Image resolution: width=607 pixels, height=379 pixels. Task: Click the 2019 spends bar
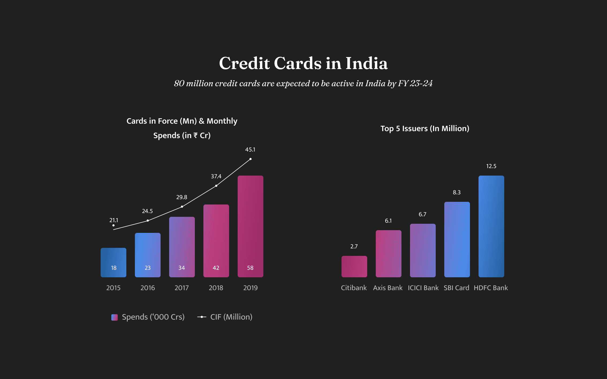click(x=250, y=226)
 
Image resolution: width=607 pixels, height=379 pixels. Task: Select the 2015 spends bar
click(x=113, y=262)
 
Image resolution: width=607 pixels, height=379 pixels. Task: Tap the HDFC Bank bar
click(x=491, y=226)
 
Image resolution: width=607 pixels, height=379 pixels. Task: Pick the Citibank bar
click(x=354, y=266)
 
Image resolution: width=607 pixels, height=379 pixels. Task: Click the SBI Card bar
click(x=457, y=239)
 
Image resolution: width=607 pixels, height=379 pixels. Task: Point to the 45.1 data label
click(x=250, y=150)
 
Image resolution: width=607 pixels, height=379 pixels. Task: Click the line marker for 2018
click(x=216, y=186)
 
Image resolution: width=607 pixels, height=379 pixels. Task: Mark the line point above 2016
click(x=148, y=221)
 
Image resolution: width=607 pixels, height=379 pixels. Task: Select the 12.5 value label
click(x=491, y=166)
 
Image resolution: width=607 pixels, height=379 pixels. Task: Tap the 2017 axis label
click(x=182, y=288)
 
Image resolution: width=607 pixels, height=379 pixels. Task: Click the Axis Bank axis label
click(x=388, y=288)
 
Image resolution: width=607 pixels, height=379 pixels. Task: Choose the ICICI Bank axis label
click(x=423, y=288)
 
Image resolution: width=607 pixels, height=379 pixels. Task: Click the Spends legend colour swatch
click(x=115, y=317)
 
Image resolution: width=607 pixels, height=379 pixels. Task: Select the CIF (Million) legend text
click(x=231, y=317)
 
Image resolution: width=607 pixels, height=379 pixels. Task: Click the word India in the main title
click(x=366, y=63)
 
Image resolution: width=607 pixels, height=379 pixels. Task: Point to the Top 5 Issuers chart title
click(x=425, y=128)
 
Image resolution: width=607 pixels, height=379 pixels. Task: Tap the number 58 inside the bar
click(x=250, y=268)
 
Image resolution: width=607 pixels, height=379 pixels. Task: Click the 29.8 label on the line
click(x=182, y=197)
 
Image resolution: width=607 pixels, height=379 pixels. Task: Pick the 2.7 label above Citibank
click(x=354, y=247)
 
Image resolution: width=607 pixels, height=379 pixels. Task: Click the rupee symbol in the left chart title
click(x=196, y=136)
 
